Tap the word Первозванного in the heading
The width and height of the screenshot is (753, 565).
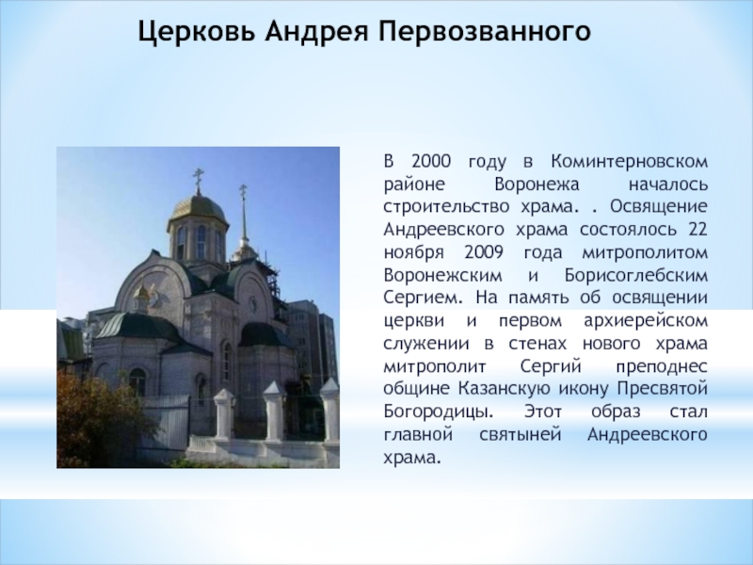pos(485,32)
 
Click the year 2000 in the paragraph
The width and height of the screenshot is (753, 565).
pos(431,161)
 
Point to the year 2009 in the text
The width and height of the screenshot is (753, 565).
pos(484,252)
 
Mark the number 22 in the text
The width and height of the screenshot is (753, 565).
pos(697,229)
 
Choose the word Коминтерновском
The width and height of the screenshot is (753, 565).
pos(629,161)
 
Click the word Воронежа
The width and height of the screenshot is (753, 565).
pos(537,184)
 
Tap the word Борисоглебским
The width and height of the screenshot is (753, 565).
pos(636,275)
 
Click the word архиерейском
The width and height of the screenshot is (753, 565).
pos(646,321)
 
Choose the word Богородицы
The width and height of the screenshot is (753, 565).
pos(438,412)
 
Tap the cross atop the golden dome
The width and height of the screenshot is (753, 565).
pos(198,179)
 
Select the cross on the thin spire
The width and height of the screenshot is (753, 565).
pos(243,191)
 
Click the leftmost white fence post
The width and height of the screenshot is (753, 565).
pos(224,413)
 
